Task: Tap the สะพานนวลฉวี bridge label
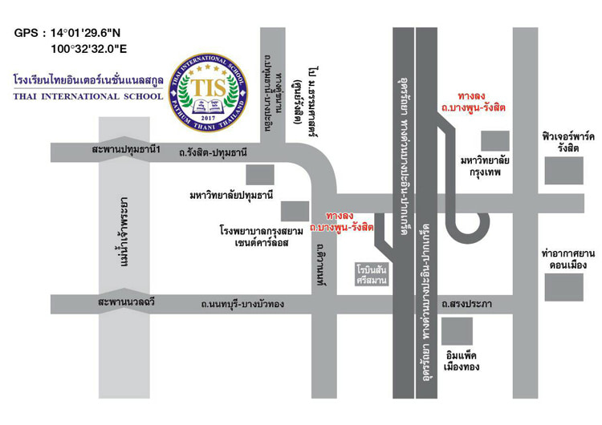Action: click(126, 303)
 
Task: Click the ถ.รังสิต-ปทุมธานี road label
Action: click(213, 152)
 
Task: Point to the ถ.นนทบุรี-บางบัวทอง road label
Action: click(243, 305)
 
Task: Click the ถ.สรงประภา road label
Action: click(466, 305)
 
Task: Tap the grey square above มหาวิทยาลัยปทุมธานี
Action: click(259, 174)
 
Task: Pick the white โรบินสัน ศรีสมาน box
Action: click(372, 275)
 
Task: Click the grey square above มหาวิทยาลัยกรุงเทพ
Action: click(491, 140)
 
